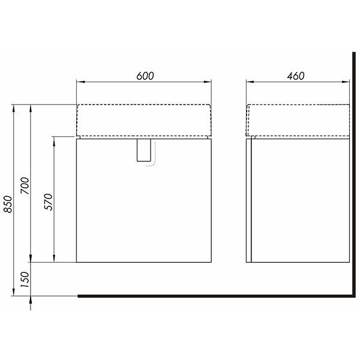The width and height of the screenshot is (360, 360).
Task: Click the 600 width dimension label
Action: [145, 76]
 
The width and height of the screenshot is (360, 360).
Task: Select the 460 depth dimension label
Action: [296, 76]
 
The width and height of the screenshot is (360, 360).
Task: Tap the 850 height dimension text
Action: [8, 204]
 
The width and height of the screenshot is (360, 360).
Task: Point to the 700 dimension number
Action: [25, 185]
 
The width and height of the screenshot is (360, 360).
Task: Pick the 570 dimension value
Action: [49, 202]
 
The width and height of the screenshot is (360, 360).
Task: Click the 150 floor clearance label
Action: [25, 280]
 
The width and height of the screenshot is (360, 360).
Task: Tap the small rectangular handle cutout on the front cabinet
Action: [144, 150]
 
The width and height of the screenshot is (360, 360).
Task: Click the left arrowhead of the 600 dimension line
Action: [81, 82]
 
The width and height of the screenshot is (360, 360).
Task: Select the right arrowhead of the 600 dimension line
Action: [207, 82]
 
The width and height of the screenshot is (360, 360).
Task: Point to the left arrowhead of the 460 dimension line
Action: [250, 82]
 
